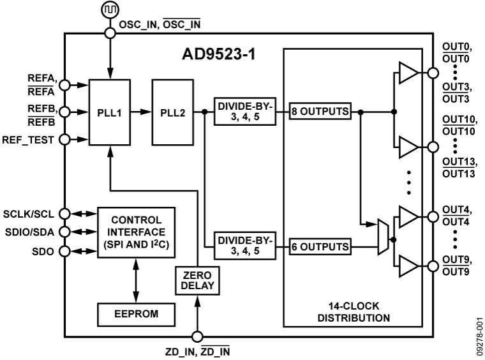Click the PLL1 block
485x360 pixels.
coord(111,112)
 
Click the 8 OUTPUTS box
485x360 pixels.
coord(320,111)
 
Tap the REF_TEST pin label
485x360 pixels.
coord(30,138)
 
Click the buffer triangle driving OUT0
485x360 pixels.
coord(408,73)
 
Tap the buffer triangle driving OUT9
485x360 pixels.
coord(408,264)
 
